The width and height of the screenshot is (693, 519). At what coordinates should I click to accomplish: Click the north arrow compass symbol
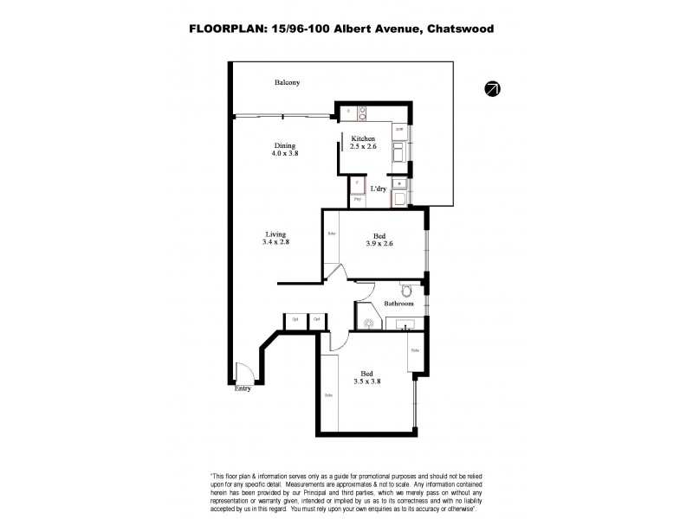[493, 87]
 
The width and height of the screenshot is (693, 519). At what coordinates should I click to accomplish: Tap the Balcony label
[287, 82]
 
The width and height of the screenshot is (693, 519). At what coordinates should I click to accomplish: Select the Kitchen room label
[363, 138]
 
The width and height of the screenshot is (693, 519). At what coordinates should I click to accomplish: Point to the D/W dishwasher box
[399, 129]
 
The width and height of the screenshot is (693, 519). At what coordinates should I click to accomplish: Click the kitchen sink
[399, 154]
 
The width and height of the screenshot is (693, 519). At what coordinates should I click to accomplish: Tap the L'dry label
[379, 188]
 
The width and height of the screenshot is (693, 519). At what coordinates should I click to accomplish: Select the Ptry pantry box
[356, 200]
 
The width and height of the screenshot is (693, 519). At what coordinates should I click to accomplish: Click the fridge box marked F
[356, 184]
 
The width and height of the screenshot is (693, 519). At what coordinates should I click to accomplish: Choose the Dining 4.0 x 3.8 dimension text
[286, 154]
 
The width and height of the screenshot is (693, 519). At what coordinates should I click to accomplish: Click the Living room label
[276, 233]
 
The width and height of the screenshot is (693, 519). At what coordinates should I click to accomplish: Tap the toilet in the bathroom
[407, 290]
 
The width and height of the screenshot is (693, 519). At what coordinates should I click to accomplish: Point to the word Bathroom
[399, 304]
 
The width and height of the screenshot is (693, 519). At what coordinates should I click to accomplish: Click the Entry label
[244, 389]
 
